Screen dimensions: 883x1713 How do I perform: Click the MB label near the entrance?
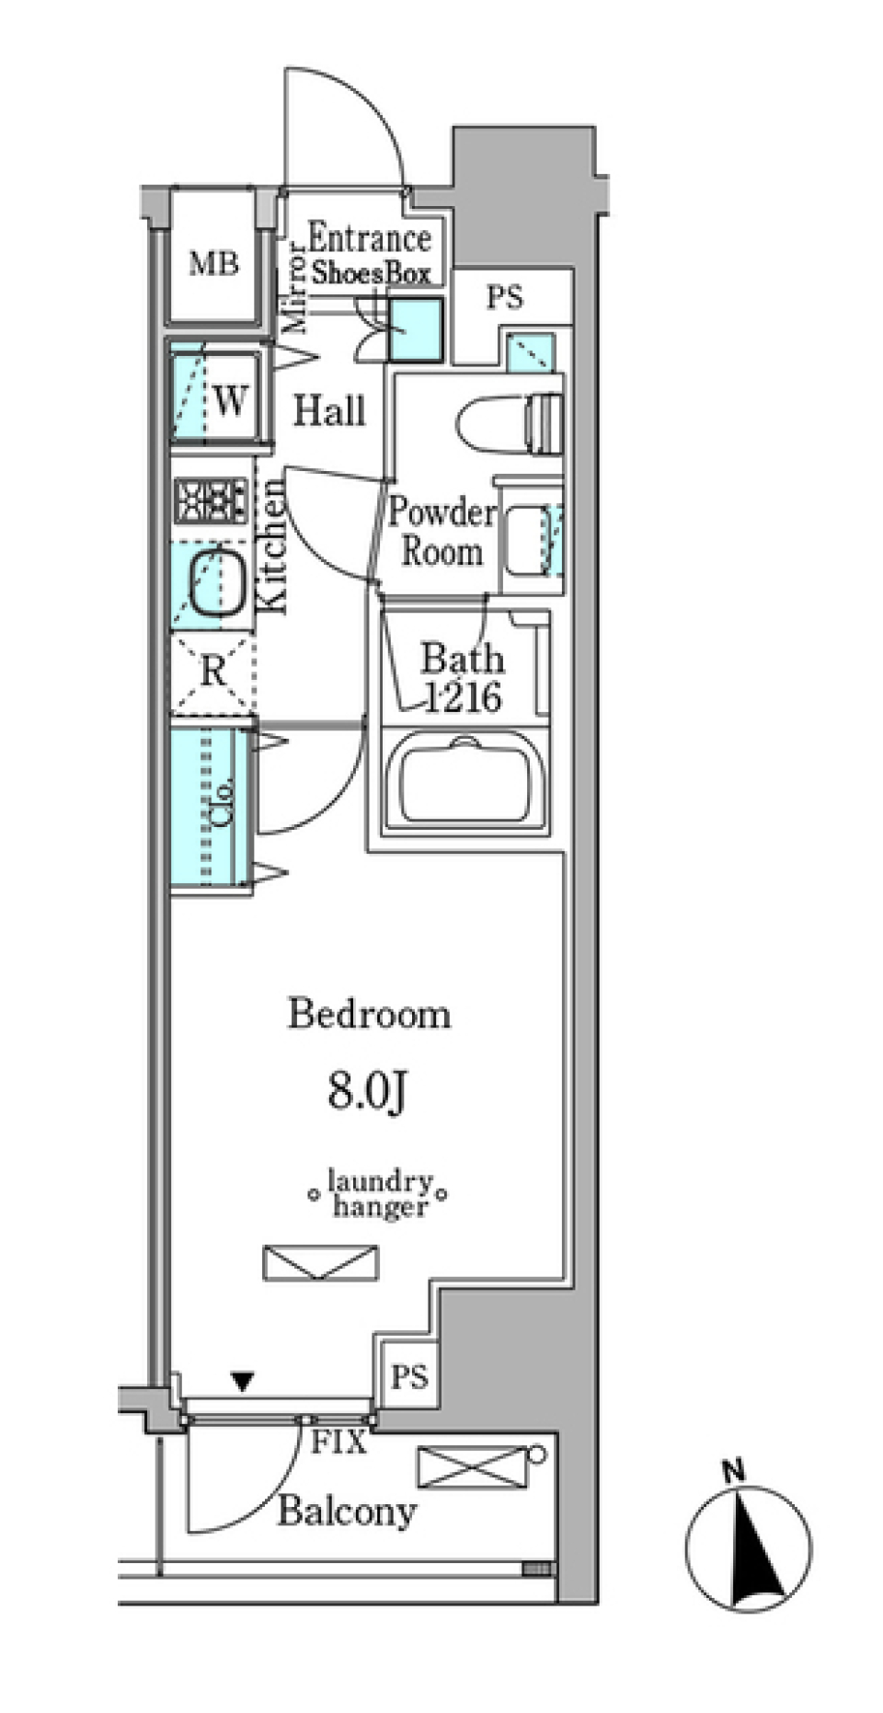click(213, 265)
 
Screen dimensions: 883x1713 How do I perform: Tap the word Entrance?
click(369, 238)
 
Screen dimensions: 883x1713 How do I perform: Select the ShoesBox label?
click(371, 273)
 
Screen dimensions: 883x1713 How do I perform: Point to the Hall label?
click(329, 410)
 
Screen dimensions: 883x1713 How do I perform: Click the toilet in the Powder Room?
click(510, 423)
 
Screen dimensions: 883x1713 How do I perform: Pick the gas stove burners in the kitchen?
click(211, 501)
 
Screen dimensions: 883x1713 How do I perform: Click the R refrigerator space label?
click(212, 672)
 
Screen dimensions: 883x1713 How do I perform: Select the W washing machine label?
click(230, 400)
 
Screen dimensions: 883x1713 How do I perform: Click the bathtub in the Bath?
click(464, 780)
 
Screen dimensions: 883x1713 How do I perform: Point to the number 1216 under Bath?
click(463, 697)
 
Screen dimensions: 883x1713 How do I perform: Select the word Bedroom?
click(370, 1014)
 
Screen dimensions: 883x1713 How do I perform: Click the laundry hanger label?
click(380, 1193)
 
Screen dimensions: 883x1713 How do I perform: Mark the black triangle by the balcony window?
click(242, 1381)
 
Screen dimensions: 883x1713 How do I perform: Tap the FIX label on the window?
click(339, 1443)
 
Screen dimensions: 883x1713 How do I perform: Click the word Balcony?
click(347, 1511)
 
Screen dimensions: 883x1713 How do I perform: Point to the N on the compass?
click(733, 1471)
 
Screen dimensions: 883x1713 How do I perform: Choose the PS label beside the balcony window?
click(409, 1376)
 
